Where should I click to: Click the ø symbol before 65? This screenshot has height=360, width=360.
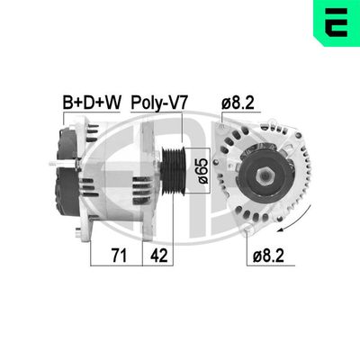tap(202, 184)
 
